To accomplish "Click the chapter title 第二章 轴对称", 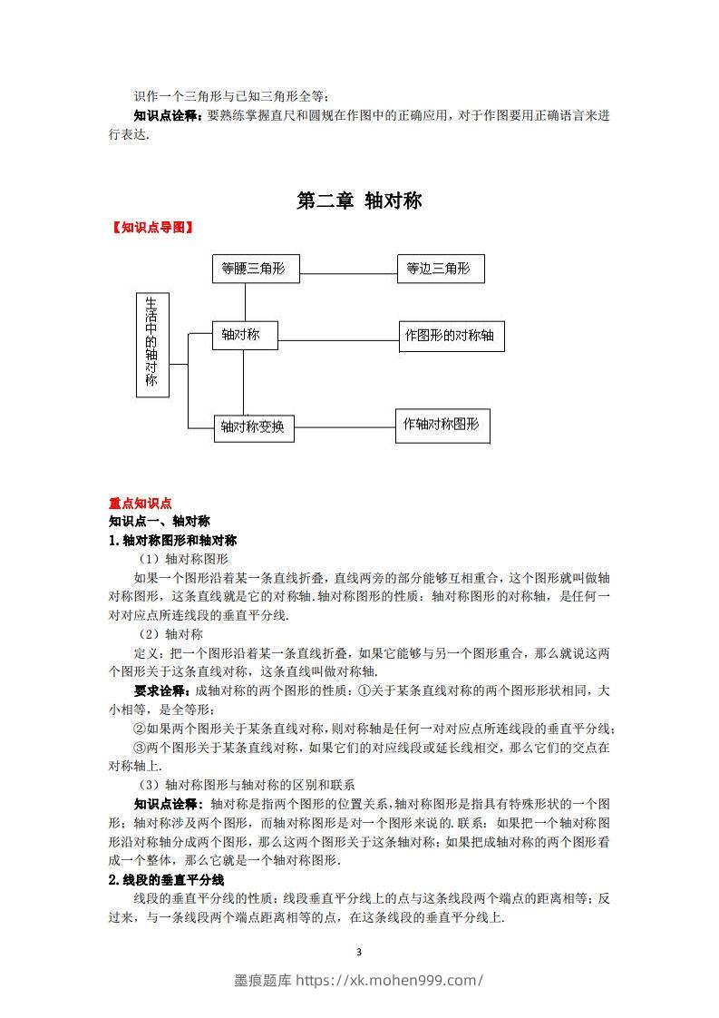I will point(359,201).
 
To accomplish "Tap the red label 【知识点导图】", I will point(151,228).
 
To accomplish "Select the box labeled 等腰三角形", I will point(255,269).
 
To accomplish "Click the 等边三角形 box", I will point(441,269).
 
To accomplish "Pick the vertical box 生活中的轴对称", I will point(152,345).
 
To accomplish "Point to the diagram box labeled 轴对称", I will point(244,335).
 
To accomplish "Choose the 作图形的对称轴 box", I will point(451,336).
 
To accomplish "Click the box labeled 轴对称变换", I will point(254,427).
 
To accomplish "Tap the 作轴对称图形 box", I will point(442,425).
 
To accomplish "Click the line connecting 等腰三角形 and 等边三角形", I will point(348,270).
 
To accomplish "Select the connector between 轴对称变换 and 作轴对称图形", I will point(345,426).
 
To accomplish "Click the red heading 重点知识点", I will point(141,504).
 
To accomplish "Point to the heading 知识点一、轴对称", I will point(160,521).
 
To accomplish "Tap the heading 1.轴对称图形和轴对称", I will point(172,540).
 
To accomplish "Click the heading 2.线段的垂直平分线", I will point(166,880).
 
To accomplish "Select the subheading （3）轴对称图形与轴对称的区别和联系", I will point(247,785).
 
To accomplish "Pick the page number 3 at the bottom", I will point(360,952).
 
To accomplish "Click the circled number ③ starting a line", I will point(140,748).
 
